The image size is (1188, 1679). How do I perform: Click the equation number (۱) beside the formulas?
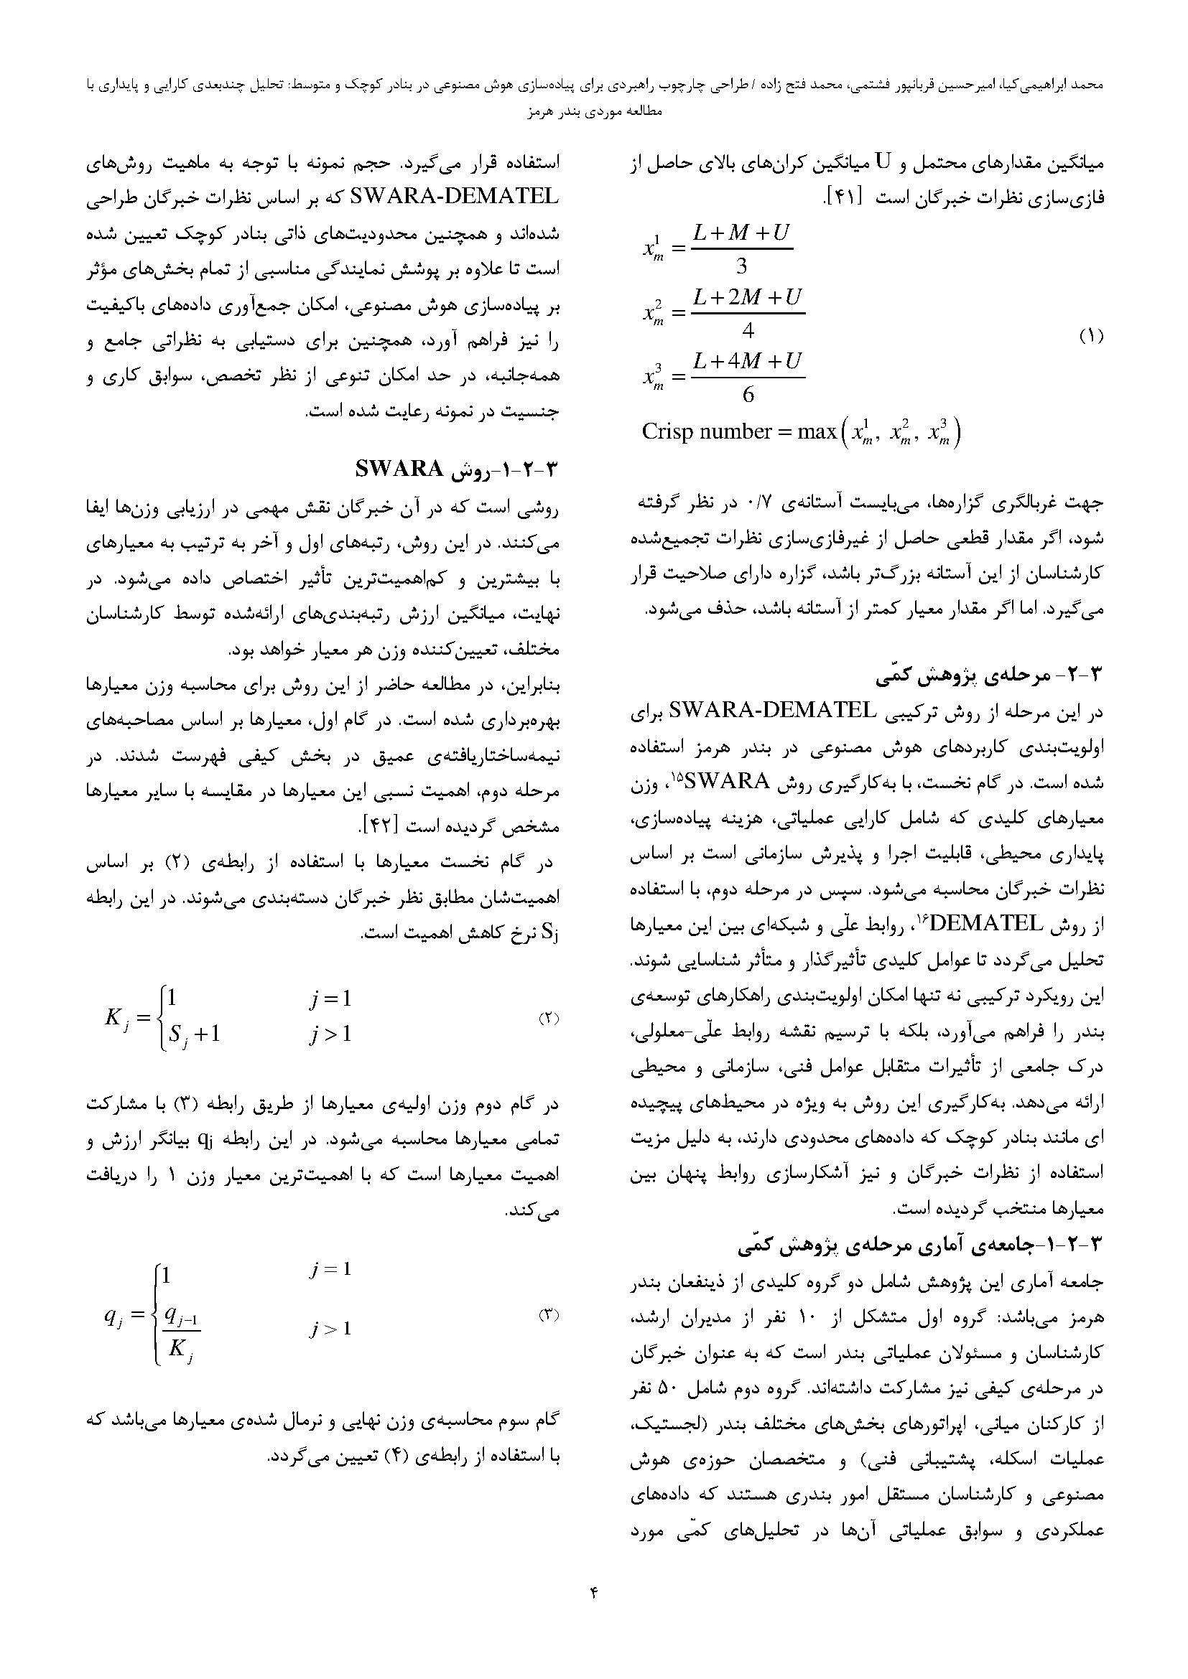pos(1090,337)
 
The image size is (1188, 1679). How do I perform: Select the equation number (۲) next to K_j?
pos(549,1018)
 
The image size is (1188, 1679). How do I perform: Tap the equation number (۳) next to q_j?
pos(549,1315)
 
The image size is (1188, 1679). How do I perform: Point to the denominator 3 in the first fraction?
pos(741,265)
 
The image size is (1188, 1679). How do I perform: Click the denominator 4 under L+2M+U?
pos(748,330)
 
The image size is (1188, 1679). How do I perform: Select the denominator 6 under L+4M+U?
pos(748,395)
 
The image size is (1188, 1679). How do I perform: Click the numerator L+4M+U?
pos(747,361)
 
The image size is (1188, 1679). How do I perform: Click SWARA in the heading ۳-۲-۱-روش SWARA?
pos(399,468)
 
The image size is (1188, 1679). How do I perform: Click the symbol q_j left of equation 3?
pos(117,1316)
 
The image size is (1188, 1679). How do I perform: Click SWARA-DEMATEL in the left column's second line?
pos(454,197)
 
